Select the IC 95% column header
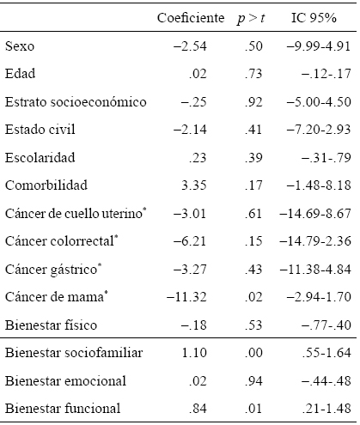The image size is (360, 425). click(x=317, y=18)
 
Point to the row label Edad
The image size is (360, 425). click(x=21, y=74)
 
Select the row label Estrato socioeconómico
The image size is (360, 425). click(x=76, y=102)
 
